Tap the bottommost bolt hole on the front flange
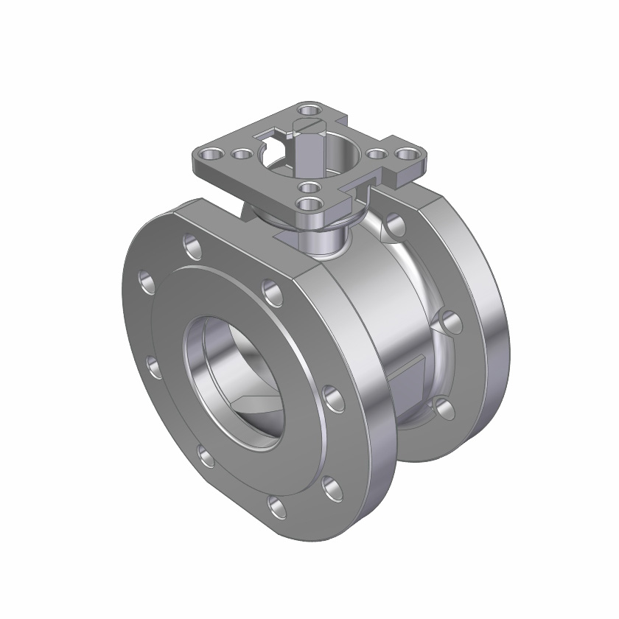click(x=278, y=506)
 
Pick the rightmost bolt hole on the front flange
click(x=334, y=399)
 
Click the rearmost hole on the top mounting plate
click(x=310, y=111)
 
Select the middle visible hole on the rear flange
click(x=450, y=321)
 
